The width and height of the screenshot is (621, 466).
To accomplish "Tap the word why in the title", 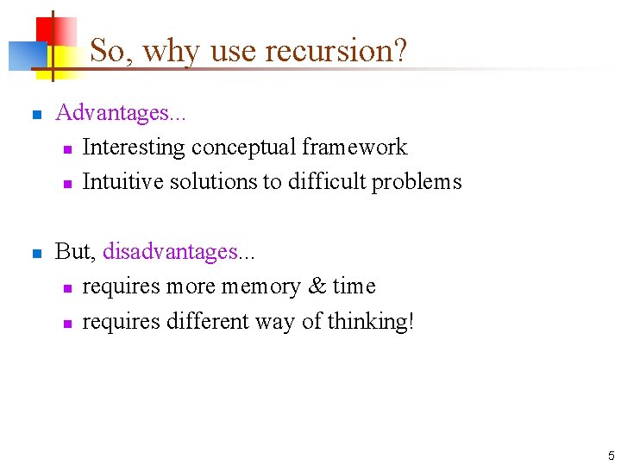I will click(172, 51).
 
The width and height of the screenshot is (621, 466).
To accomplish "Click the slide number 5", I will click(611, 455).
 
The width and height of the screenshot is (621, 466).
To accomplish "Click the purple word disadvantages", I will click(170, 252).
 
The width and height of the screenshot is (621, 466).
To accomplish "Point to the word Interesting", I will click(133, 148).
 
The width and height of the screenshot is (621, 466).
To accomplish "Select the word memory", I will click(256, 287).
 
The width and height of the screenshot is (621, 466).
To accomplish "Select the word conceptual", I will click(243, 148).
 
